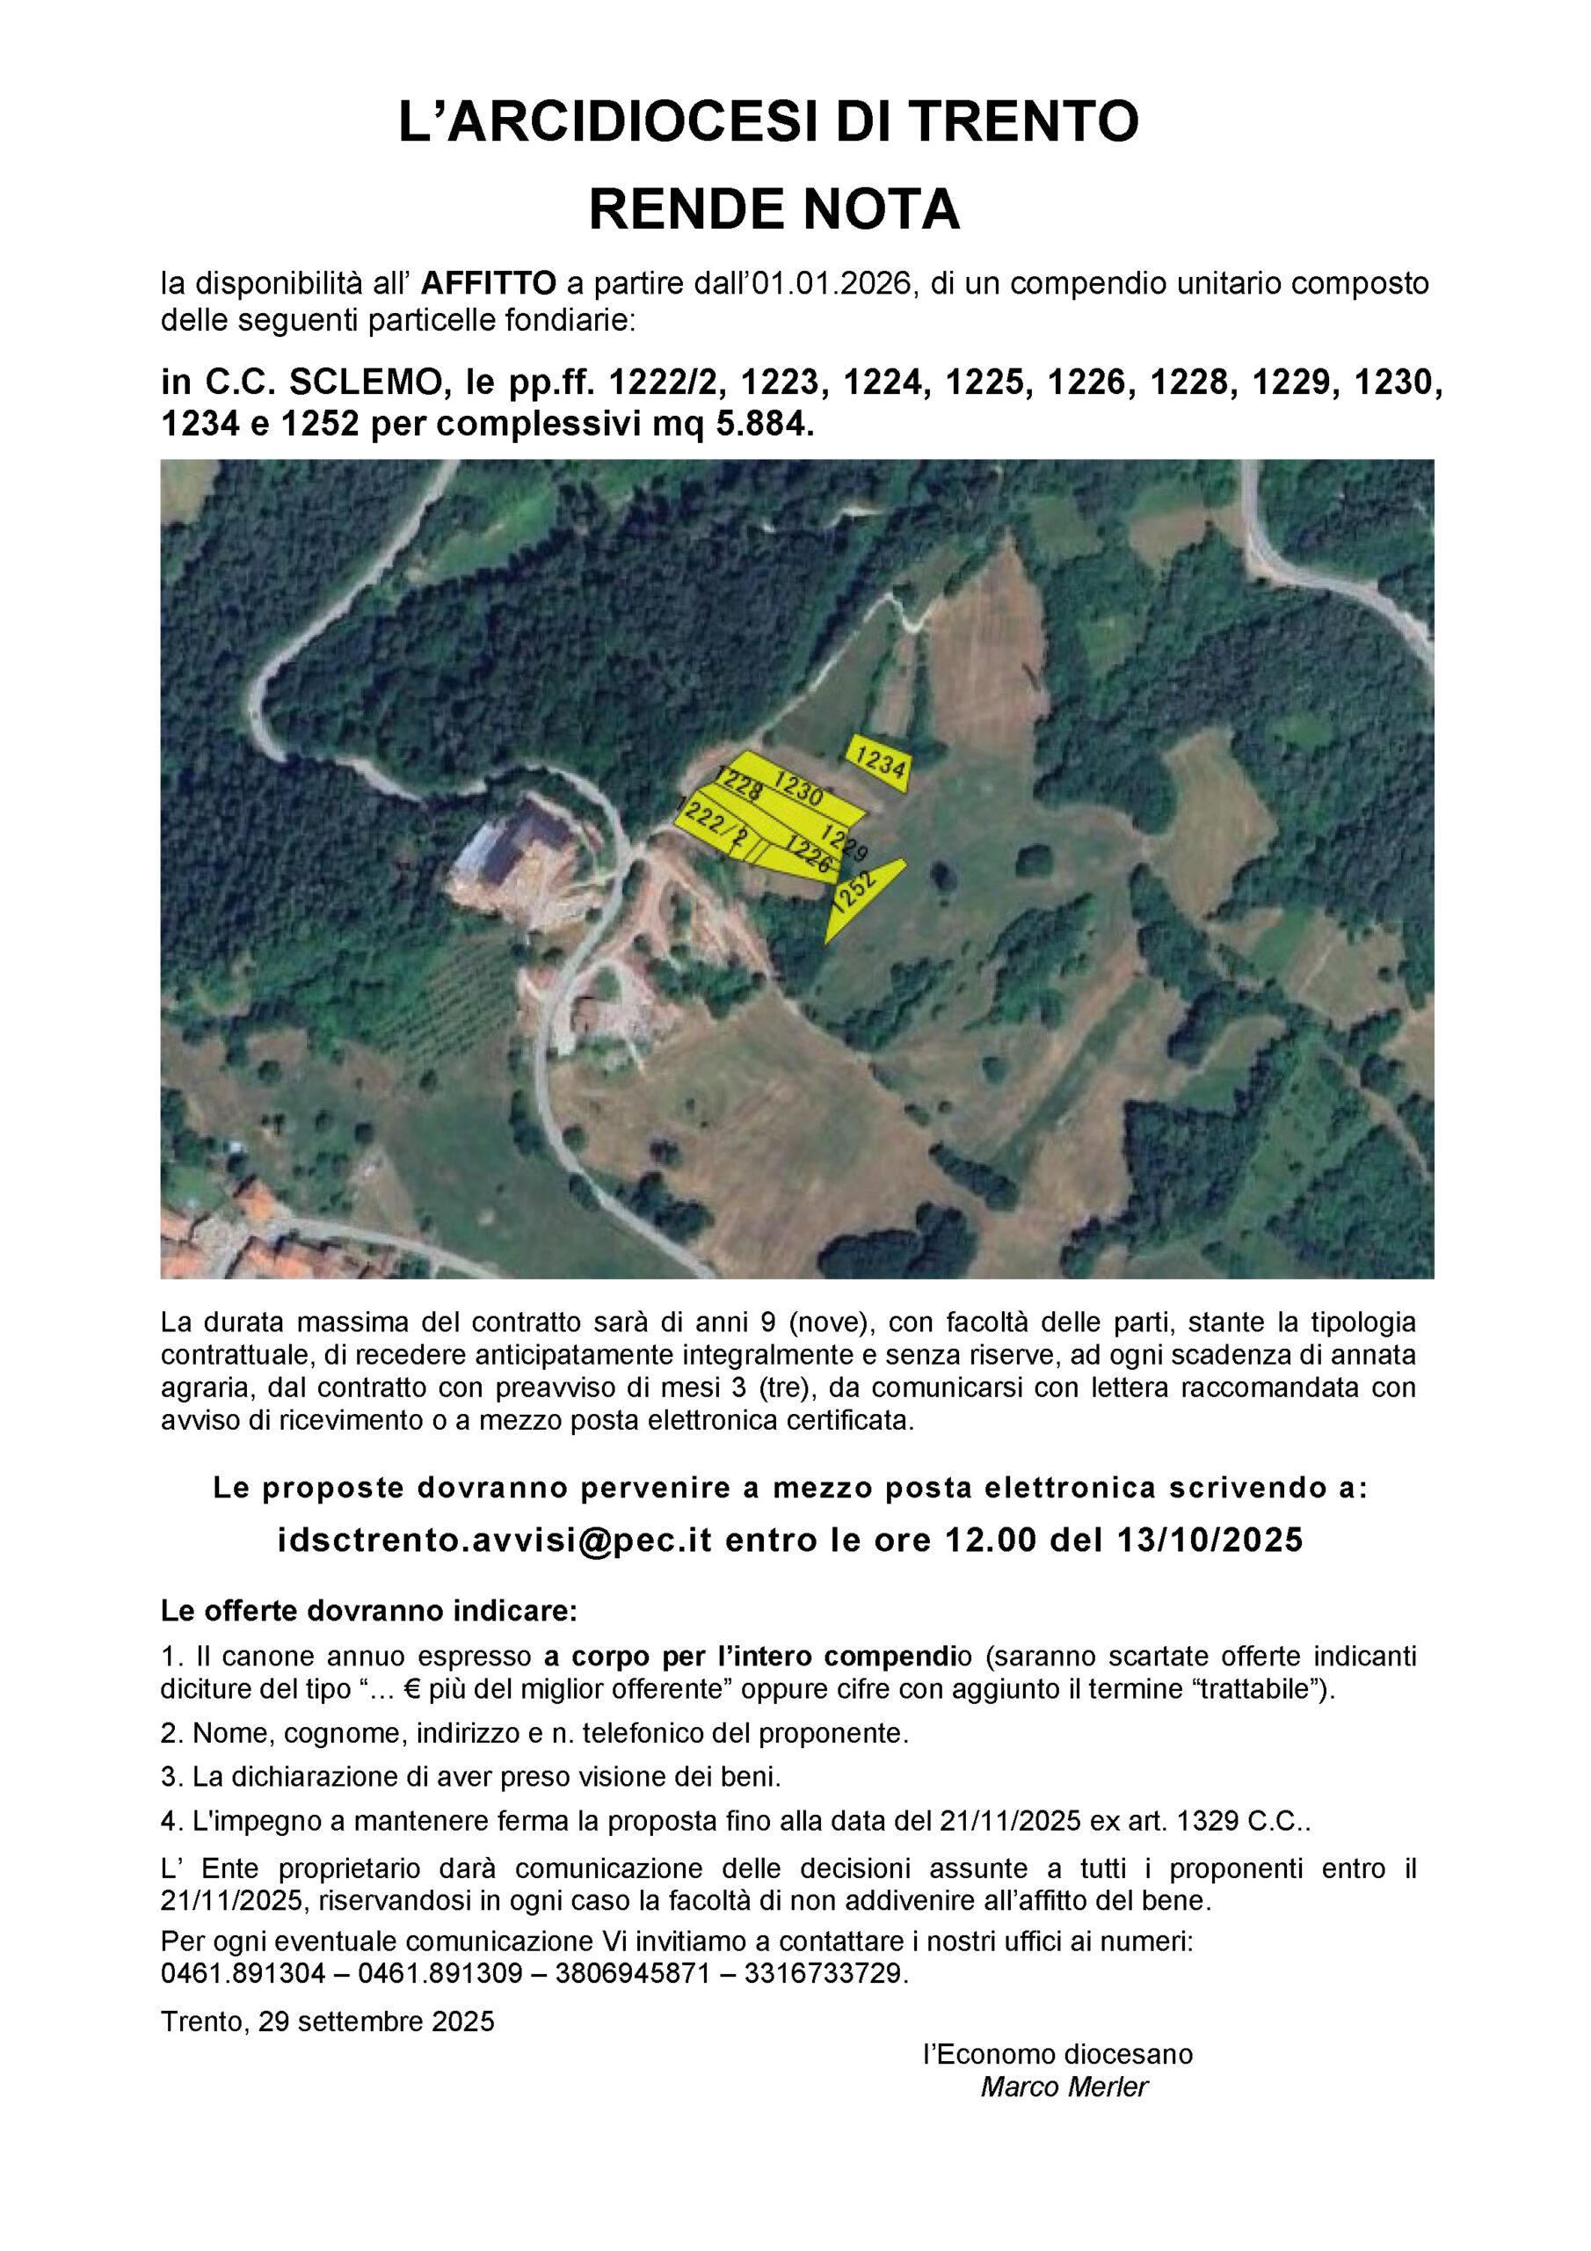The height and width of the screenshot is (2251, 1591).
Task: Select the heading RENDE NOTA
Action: (x=774, y=208)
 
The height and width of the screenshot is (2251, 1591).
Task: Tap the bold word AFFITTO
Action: (x=488, y=284)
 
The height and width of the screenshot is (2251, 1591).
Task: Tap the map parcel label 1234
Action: (x=879, y=761)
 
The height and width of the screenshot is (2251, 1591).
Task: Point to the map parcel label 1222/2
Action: (x=714, y=824)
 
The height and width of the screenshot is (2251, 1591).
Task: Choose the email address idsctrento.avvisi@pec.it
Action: (x=494, y=1541)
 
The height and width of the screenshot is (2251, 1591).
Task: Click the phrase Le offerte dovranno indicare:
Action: (x=368, y=1611)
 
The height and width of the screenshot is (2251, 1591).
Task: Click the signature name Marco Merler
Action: (x=1064, y=2087)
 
